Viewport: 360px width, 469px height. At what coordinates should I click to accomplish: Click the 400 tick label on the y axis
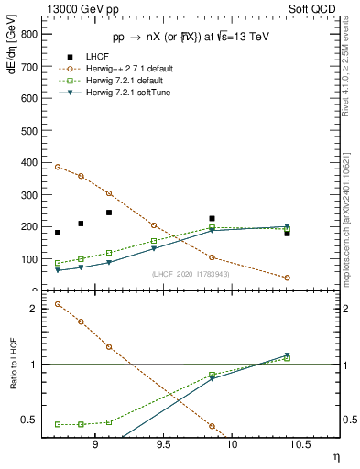[x=29, y=162]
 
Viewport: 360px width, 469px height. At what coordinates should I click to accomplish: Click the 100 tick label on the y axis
[x=29, y=259]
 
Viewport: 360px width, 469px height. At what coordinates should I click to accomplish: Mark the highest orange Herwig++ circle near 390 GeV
[x=58, y=167]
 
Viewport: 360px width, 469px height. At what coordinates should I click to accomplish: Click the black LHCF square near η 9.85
[x=212, y=219]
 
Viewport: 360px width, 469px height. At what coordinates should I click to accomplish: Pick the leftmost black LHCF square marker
[x=58, y=233]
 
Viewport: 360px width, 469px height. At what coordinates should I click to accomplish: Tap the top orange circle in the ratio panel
[x=58, y=304]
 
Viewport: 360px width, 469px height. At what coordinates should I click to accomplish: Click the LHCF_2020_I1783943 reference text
[x=191, y=274]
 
